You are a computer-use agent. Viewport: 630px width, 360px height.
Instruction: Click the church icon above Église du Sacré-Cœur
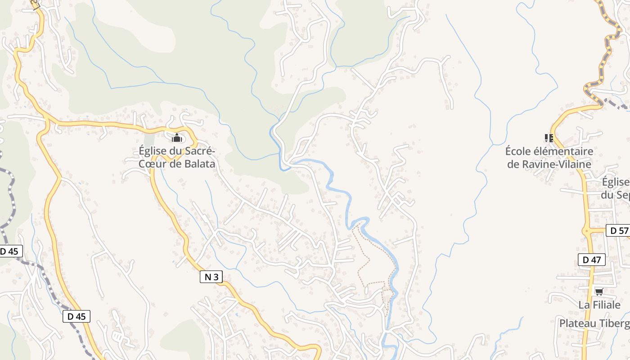click(177, 137)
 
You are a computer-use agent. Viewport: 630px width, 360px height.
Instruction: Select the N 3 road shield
click(211, 277)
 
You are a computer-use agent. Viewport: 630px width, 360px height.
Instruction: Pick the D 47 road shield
click(592, 260)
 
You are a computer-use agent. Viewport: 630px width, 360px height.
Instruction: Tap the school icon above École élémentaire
click(549, 138)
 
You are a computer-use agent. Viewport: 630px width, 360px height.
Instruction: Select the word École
click(518, 151)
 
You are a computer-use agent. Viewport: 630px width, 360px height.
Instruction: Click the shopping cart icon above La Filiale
click(599, 292)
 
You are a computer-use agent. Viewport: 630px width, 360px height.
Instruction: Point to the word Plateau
click(577, 324)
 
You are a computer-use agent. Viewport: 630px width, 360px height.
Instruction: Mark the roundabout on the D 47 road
click(587, 231)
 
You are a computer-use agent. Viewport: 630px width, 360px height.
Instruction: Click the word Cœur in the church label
click(152, 164)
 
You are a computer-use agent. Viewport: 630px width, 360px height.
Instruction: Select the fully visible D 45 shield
click(76, 316)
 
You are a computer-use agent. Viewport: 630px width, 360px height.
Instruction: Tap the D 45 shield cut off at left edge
click(10, 251)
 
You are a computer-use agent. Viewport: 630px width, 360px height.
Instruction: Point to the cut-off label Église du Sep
click(616, 189)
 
